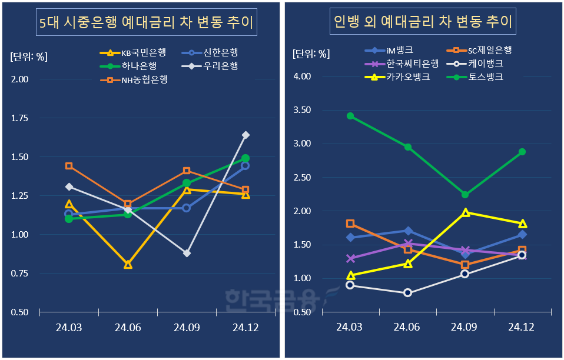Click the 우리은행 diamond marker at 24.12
245,135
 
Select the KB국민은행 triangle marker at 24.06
128,265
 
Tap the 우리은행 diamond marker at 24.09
187,253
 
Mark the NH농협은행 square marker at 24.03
69,166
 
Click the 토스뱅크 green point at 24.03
350,116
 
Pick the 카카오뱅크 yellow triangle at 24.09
465,212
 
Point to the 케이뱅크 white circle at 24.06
407,292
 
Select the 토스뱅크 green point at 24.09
465,195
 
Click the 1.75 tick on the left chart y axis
21,118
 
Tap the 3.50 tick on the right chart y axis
303,110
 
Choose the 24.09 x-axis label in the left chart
187,327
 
